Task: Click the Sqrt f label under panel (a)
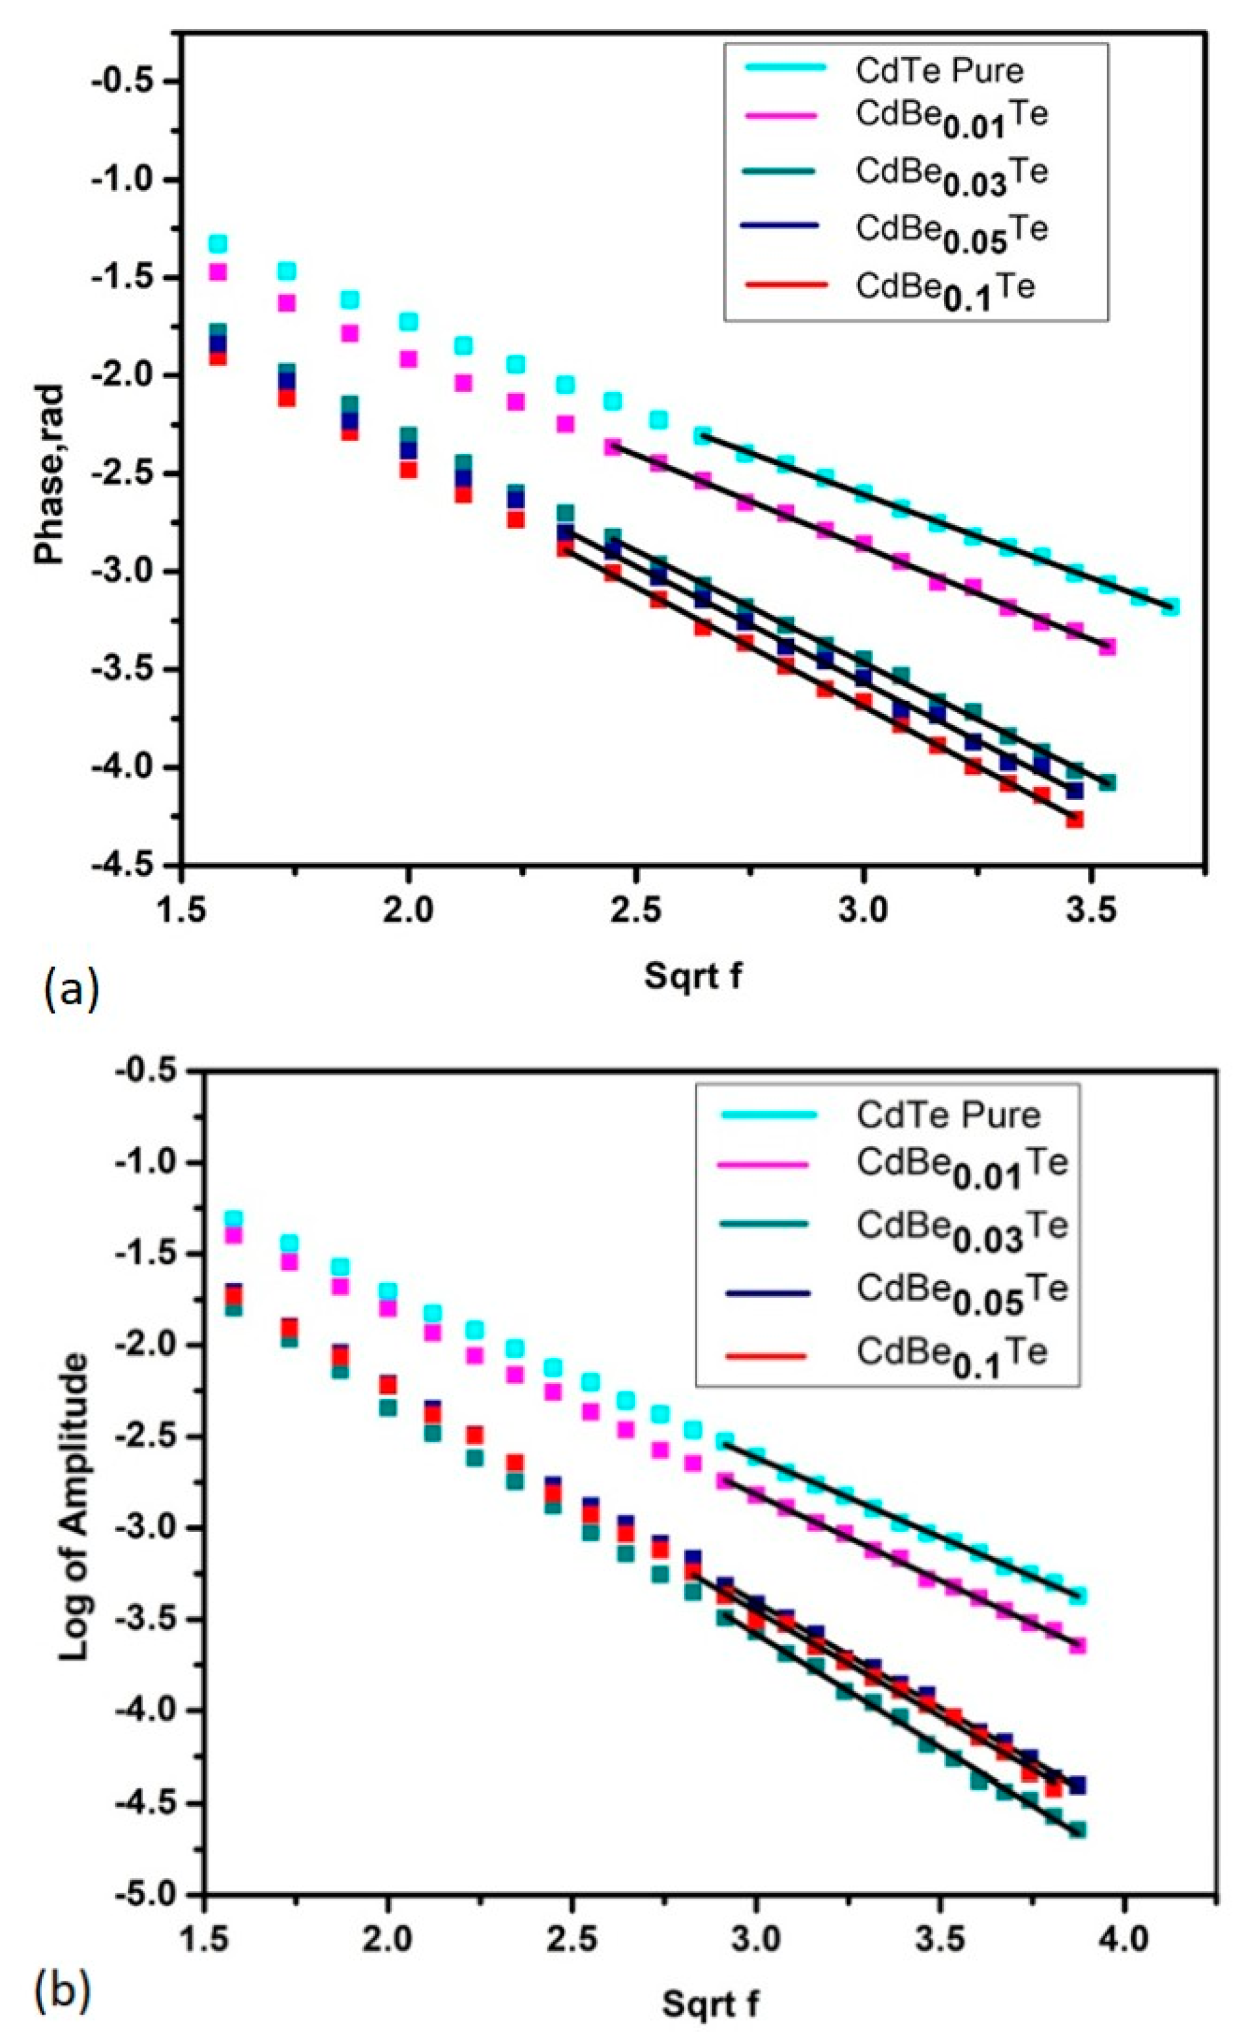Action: pyautogui.click(x=694, y=975)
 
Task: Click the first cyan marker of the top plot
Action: pyautogui.click(x=217, y=244)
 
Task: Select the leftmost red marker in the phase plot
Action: pyautogui.click(x=217, y=357)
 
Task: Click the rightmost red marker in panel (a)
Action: pyautogui.click(x=1074, y=819)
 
